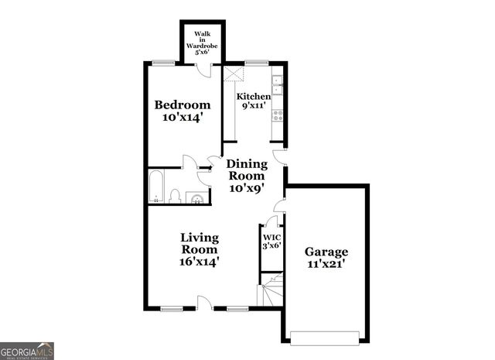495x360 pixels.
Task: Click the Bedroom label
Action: [183, 111]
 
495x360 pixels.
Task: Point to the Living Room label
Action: [200, 249]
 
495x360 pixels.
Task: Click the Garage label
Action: [326, 258]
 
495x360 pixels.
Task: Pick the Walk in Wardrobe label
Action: [202, 43]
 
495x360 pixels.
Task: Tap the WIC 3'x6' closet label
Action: [271, 242]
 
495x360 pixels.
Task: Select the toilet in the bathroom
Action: [175, 196]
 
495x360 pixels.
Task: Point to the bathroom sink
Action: [198, 197]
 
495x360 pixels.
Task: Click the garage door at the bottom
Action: [325, 336]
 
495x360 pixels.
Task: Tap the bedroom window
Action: [162, 63]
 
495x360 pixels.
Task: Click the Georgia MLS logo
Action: [27, 350]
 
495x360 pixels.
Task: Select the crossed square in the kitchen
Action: [234, 74]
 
